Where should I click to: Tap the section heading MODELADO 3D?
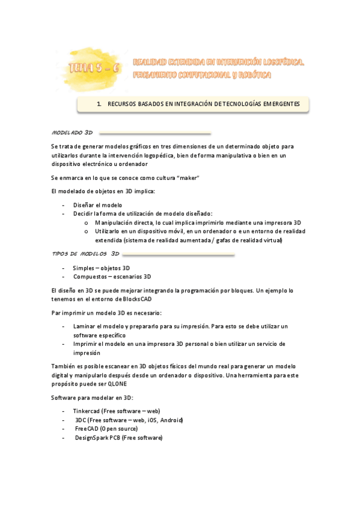72,132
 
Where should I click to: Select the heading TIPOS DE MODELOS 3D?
86,254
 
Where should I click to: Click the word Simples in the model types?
84,268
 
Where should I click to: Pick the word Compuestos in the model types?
90,277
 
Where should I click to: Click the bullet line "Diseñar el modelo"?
97,205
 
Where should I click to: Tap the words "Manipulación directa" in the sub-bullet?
123,223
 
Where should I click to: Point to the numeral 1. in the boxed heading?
99,104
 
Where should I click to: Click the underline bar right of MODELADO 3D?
155,132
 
